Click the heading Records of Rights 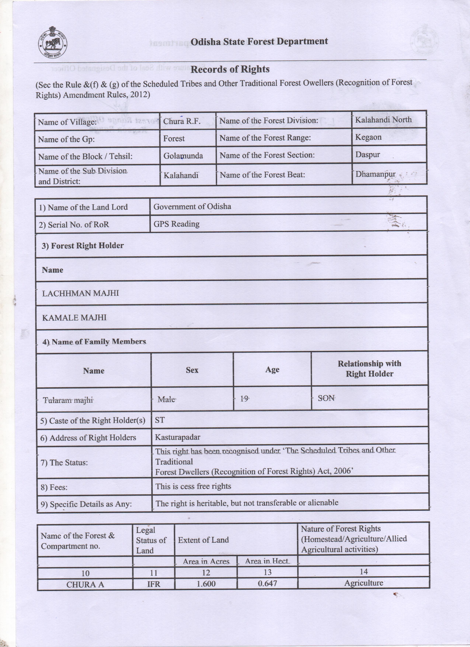click(x=230, y=69)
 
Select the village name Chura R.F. click(x=182, y=121)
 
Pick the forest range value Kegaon click(x=368, y=137)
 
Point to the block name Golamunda click(x=183, y=156)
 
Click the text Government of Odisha click(x=192, y=206)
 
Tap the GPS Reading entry click(x=177, y=224)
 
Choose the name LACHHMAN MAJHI click(x=80, y=293)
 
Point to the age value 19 click(x=244, y=399)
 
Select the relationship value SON click(x=326, y=398)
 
